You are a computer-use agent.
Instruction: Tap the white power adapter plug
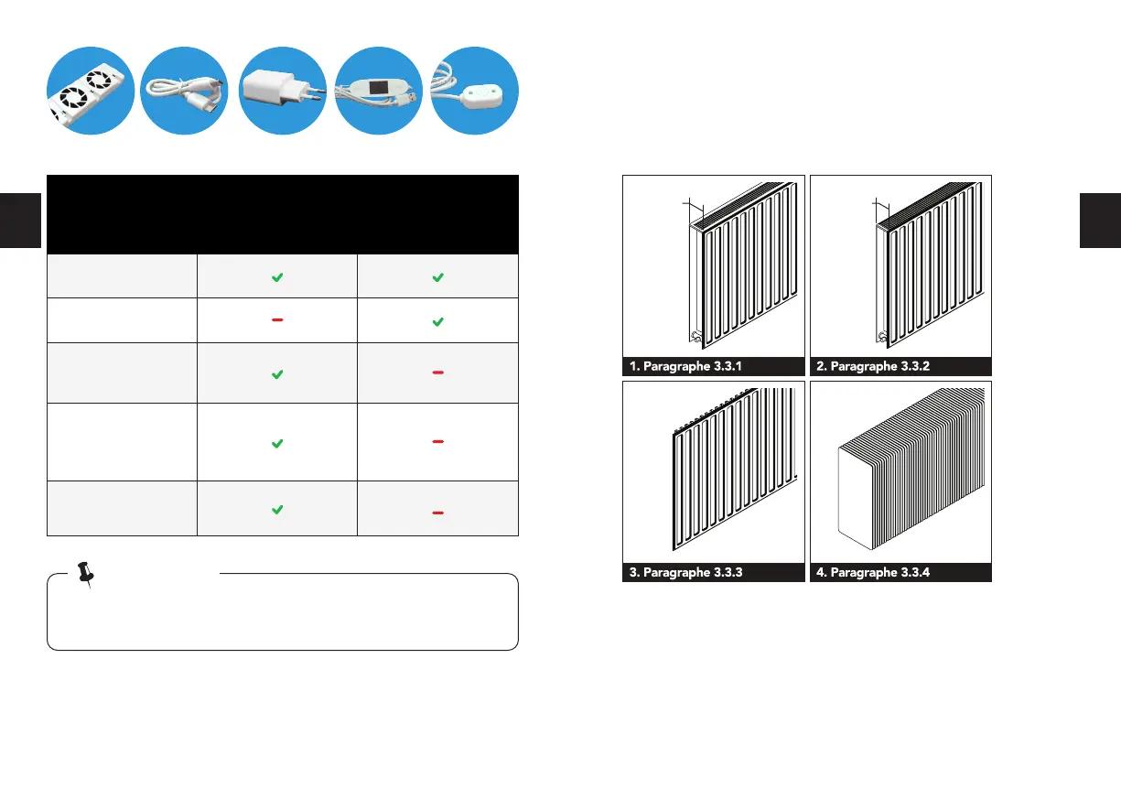[x=282, y=90]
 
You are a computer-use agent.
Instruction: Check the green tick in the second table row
[x=438, y=322]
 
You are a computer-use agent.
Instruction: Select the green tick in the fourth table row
[x=277, y=443]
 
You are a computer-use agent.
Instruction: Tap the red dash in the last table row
[x=438, y=513]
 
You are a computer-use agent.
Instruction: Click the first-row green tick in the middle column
[x=277, y=276]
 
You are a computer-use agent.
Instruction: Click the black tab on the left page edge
[x=20, y=221]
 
